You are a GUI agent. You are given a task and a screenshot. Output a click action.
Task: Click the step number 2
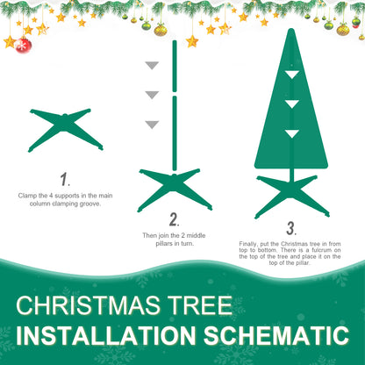pyautogui.click(x=174, y=219)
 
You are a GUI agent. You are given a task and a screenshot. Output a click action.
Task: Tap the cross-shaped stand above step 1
pyautogui.click(x=66, y=129)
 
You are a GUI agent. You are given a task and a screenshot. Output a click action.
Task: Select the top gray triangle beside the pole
pyautogui.click(x=152, y=66)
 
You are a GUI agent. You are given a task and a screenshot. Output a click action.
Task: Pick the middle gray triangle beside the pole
pyautogui.click(x=152, y=95)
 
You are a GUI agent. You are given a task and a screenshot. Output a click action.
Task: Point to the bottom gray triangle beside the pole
pyautogui.click(x=152, y=125)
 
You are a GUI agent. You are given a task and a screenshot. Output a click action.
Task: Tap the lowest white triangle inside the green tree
pyautogui.click(x=291, y=134)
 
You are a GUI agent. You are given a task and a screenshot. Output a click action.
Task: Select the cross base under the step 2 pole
pyautogui.click(x=175, y=187)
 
